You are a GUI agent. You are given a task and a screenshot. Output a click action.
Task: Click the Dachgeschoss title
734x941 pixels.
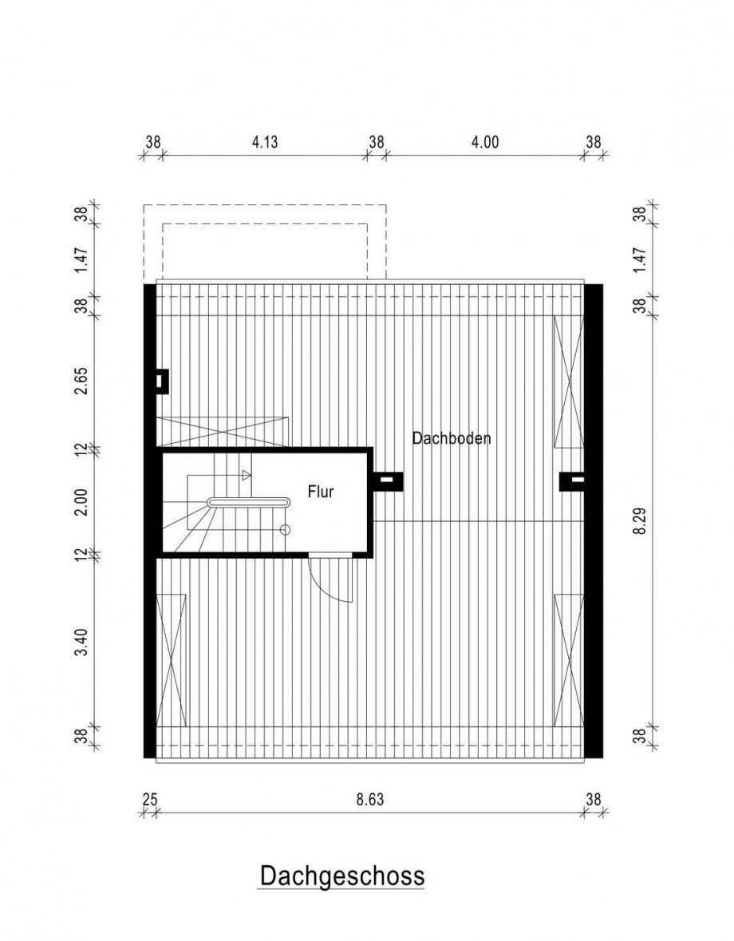(341, 876)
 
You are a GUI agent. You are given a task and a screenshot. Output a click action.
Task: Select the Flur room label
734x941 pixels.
(320, 492)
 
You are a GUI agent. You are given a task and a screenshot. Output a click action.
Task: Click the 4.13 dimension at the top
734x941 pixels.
(264, 141)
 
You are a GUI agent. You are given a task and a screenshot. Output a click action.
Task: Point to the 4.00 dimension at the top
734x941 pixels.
(484, 141)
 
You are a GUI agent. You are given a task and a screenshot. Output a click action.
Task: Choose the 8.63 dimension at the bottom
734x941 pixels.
(369, 800)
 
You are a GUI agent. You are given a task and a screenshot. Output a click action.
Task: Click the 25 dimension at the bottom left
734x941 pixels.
(150, 800)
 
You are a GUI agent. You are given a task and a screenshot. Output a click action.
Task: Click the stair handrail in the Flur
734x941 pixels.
(248, 502)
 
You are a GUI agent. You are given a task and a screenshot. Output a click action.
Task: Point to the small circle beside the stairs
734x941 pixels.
(285, 529)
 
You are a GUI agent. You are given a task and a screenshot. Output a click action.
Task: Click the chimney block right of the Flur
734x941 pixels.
(388, 480)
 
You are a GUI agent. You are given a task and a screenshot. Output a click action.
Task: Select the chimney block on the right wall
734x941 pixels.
(572, 480)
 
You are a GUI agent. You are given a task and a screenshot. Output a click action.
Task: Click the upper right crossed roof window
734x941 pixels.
(569, 382)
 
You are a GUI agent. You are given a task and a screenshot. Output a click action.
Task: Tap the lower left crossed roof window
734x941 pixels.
(171, 660)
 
